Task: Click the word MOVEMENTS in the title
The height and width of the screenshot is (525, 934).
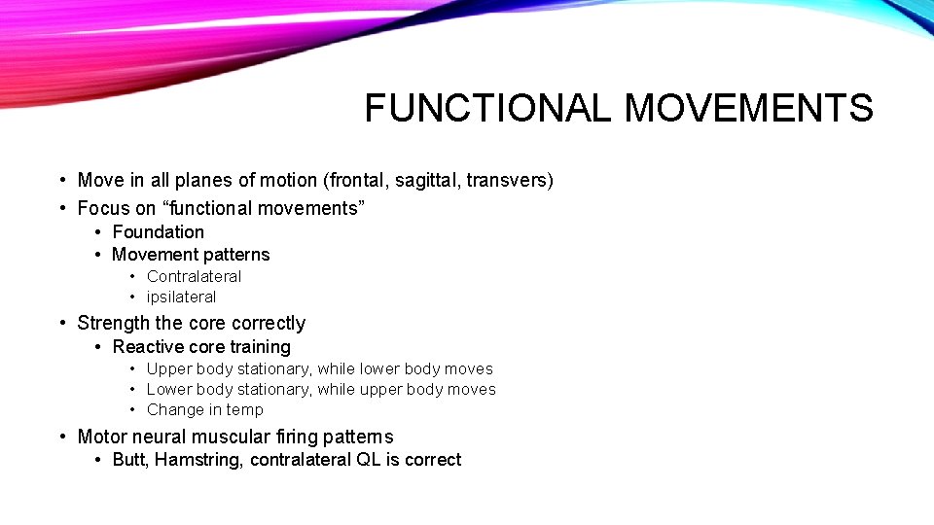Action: (x=748, y=108)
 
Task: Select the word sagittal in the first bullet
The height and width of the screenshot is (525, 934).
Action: (x=421, y=180)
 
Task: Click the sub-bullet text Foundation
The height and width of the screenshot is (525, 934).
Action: (x=158, y=232)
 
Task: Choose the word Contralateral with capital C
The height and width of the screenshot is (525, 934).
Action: (x=194, y=276)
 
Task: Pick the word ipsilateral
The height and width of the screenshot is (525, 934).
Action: (x=181, y=297)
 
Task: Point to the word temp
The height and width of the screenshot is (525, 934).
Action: (x=245, y=409)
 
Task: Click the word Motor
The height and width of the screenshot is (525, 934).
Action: (x=101, y=437)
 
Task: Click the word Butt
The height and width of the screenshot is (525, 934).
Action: (x=129, y=460)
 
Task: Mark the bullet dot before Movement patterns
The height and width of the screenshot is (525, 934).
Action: (x=100, y=255)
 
